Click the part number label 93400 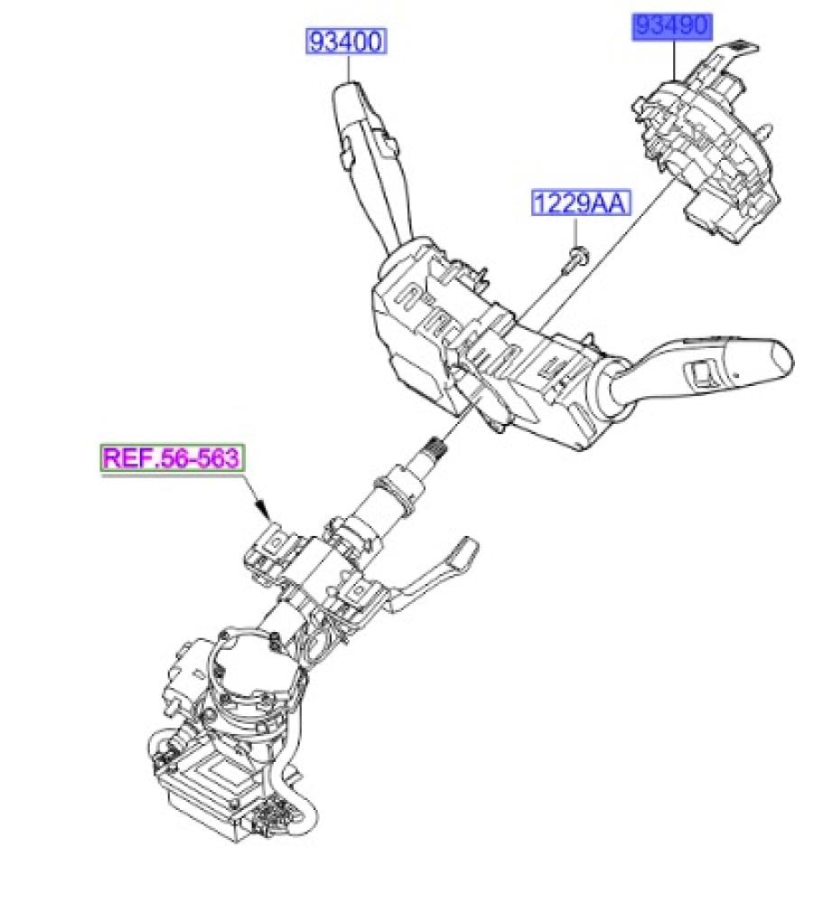347,42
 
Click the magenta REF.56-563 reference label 172,457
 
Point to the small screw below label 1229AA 574,260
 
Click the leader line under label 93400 347,68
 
